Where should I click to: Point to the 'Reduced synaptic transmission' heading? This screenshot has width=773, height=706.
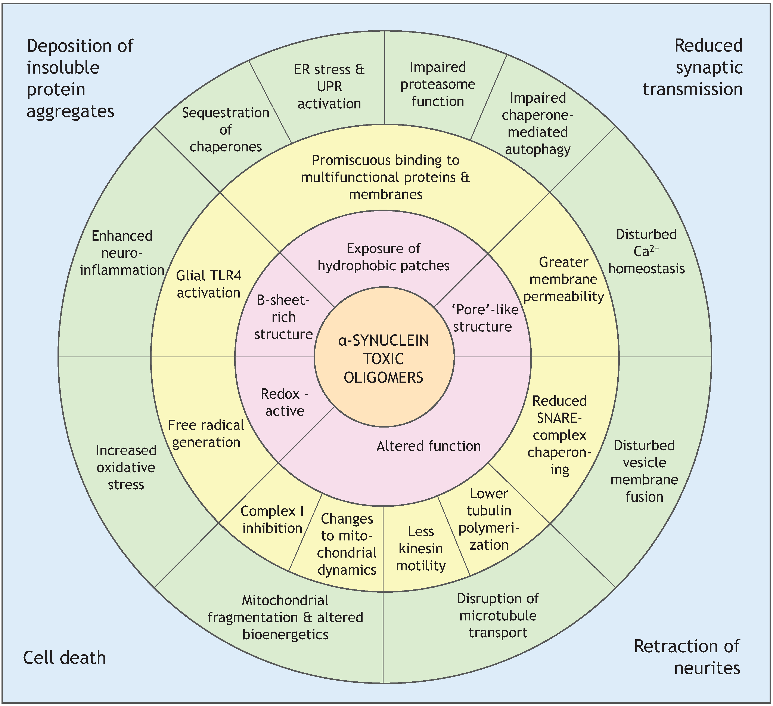(x=692, y=68)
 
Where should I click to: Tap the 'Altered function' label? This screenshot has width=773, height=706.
(x=428, y=446)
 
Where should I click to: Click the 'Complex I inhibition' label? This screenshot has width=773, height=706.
(x=272, y=520)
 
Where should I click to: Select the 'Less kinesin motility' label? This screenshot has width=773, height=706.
(x=421, y=548)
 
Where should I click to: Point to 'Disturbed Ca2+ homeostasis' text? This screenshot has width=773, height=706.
(x=646, y=251)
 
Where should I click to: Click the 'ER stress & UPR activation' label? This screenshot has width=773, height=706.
(x=329, y=87)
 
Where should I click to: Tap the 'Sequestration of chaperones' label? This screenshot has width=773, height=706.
(x=226, y=130)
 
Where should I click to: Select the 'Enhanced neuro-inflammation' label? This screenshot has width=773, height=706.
(x=122, y=253)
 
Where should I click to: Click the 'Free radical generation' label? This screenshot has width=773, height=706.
(x=206, y=434)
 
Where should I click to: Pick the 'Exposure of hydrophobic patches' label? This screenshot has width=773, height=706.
(x=384, y=257)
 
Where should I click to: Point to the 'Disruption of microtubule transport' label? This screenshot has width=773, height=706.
(x=498, y=616)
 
